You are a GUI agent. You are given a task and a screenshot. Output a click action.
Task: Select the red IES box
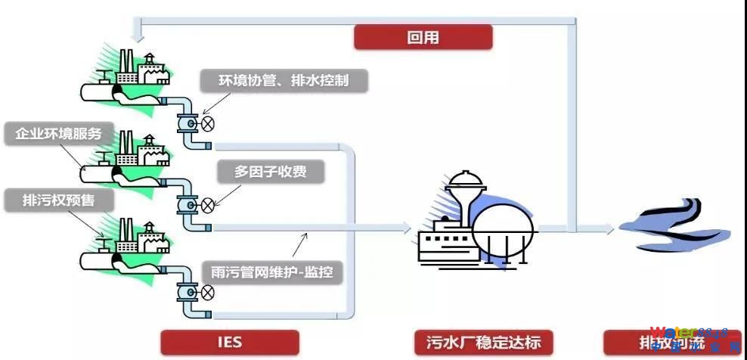(230, 342)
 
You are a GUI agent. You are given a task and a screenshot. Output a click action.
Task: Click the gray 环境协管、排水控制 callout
(284, 80)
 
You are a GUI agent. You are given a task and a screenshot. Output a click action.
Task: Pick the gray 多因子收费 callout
(271, 172)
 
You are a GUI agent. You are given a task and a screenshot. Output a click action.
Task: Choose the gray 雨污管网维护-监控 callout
(273, 271)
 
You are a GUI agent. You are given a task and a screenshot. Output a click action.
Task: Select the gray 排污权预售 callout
(58, 200)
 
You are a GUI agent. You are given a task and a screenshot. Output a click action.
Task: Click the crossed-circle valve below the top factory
(207, 123)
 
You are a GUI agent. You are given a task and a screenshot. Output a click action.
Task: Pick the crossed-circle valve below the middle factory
(207, 204)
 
